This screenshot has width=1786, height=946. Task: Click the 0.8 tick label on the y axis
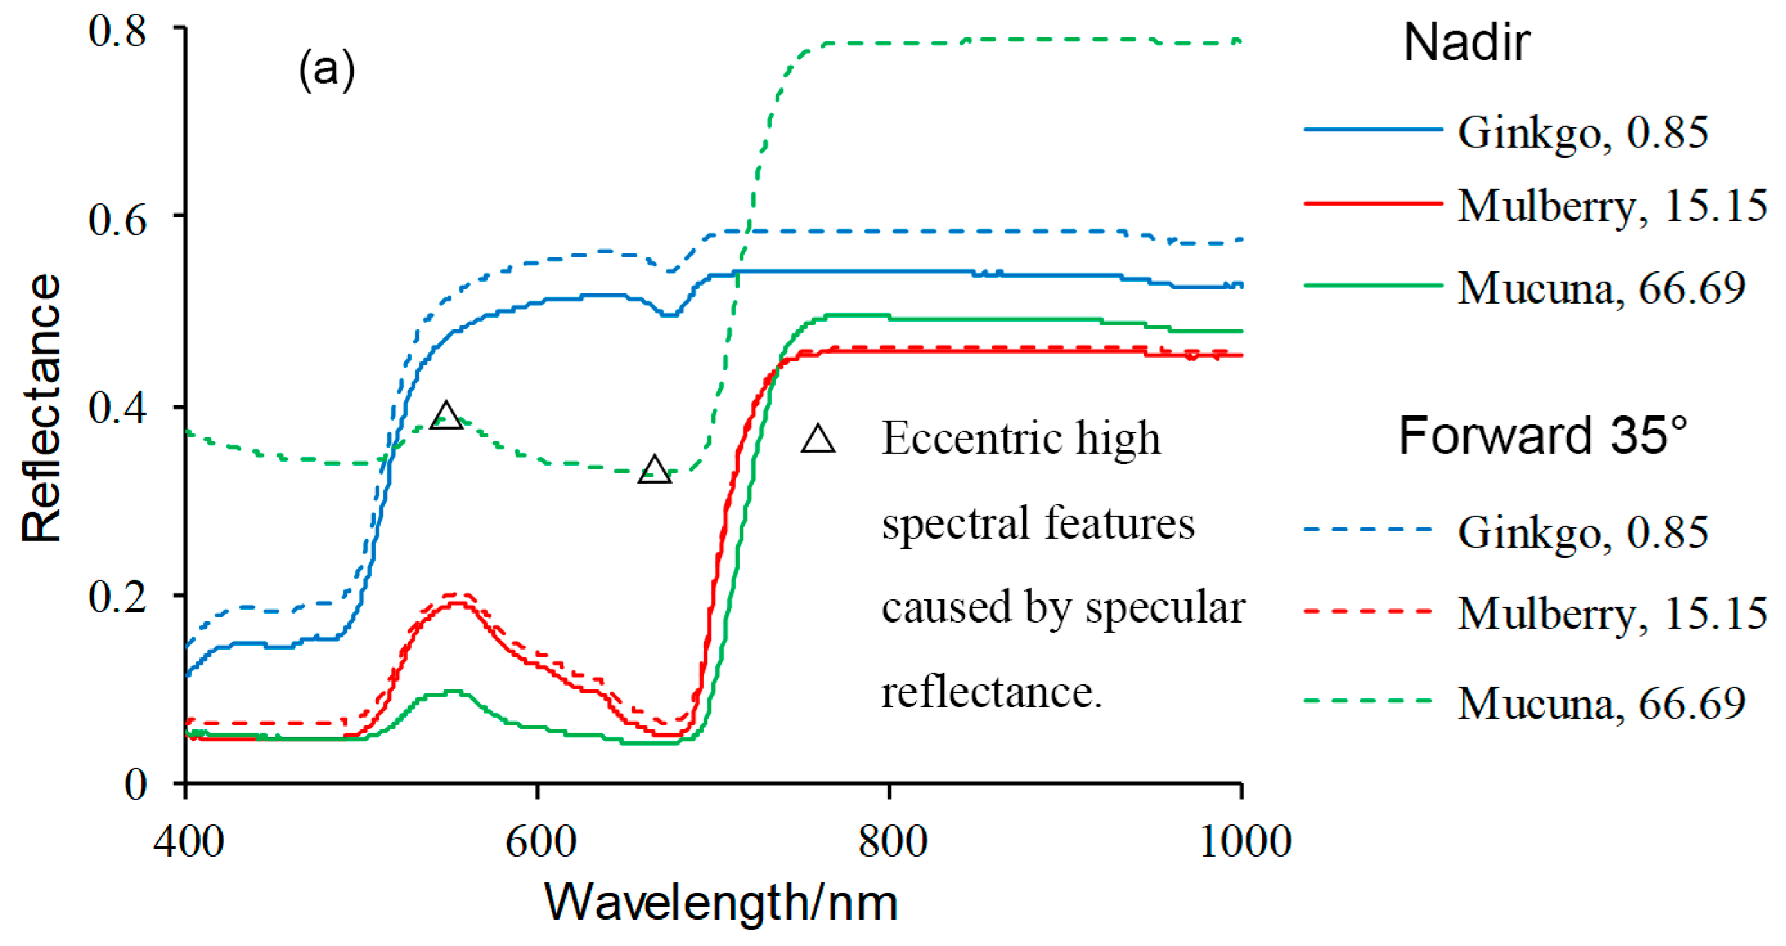[x=117, y=31]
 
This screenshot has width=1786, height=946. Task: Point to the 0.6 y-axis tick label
[x=117, y=220]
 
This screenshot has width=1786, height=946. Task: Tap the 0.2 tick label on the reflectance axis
[x=117, y=597]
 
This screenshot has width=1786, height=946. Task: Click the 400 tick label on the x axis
[x=188, y=842]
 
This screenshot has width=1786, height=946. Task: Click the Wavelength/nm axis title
[x=721, y=903]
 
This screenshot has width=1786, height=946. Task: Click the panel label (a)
[x=327, y=69]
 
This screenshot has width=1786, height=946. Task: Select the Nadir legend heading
[x=1466, y=43]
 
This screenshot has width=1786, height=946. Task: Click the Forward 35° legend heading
[x=1543, y=436]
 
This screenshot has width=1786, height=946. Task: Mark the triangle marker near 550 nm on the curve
[x=446, y=416]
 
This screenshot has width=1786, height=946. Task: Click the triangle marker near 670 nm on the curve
[x=655, y=471]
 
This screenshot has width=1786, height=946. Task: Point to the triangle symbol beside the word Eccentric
[x=818, y=439]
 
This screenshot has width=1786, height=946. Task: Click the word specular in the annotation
[x=1165, y=608]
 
